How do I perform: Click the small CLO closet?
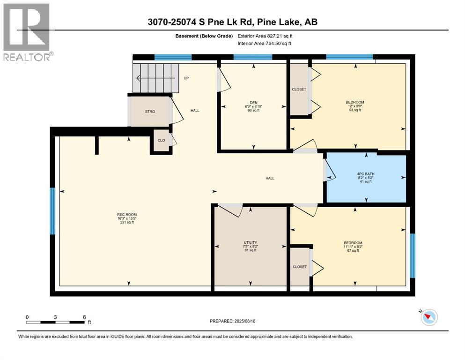tap(161, 140)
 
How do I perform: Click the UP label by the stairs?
tap(186, 78)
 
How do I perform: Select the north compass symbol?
tap(428, 317)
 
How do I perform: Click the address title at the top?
tap(233, 22)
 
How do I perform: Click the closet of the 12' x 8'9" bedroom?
tap(299, 90)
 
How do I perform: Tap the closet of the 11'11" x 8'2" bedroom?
tap(300, 267)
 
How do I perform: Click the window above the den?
tap(253, 58)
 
